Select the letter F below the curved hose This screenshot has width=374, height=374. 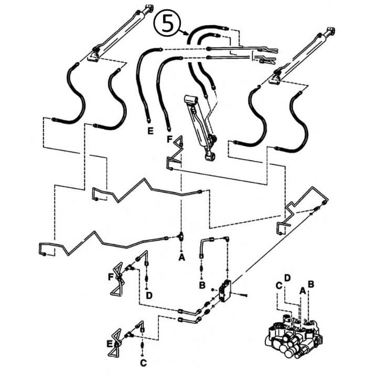pyautogui.click(x=169, y=139)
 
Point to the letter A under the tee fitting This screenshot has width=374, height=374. pyautogui.click(x=181, y=257)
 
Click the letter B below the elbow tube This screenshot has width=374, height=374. pyautogui.click(x=202, y=285)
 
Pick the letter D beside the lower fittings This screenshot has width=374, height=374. pyautogui.click(x=149, y=296)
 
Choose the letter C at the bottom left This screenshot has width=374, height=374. pyautogui.click(x=143, y=362)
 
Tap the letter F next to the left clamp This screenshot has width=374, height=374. pyautogui.click(x=111, y=276)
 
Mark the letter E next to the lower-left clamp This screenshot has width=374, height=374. pyautogui.click(x=109, y=344)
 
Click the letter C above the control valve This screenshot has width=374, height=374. pyautogui.click(x=279, y=285)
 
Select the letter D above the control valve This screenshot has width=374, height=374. pyautogui.click(x=287, y=277)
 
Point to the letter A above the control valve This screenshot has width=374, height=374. pyautogui.click(x=302, y=289)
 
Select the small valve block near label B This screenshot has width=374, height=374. pyautogui.click(x=226, y=291)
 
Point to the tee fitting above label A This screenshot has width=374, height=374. pyautogui.click(x=181, y=236)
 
